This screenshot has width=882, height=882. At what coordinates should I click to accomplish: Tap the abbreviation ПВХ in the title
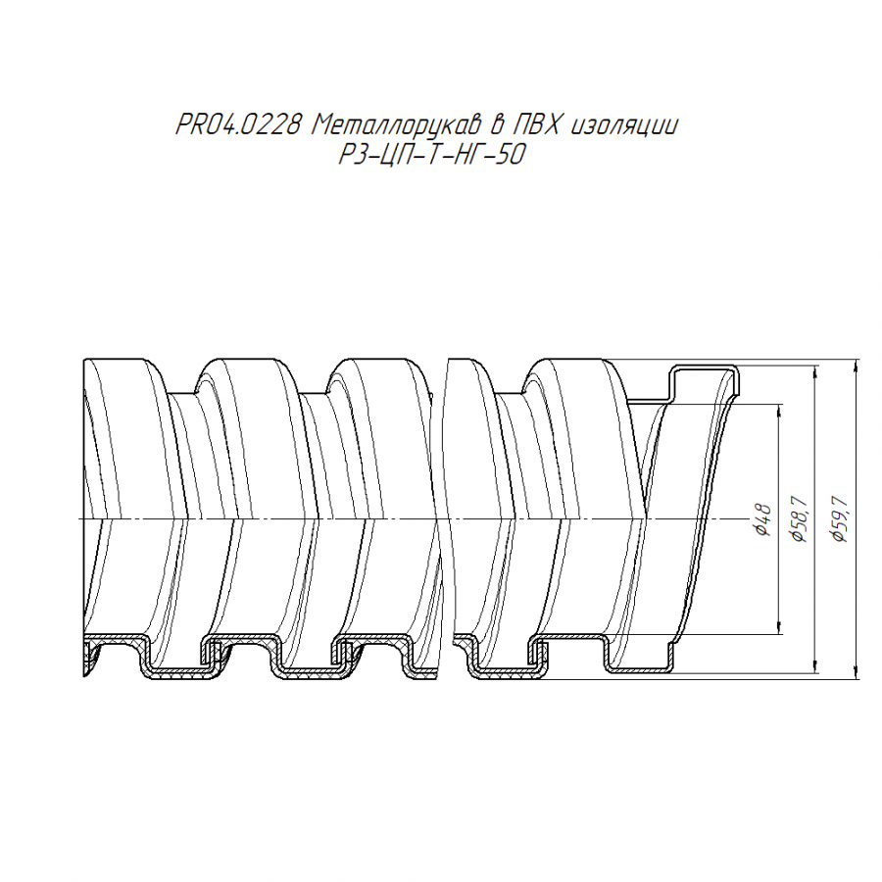pyautogui.click(x=535, y=125)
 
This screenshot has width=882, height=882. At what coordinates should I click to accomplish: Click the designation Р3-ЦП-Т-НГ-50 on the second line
pyautogui.click(x=431, y=155)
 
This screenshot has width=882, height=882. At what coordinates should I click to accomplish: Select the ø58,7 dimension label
pyautogui.click(x=799, y=520)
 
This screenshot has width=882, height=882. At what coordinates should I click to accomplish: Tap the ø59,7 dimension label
pyautogui.click(x=840, y=520)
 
